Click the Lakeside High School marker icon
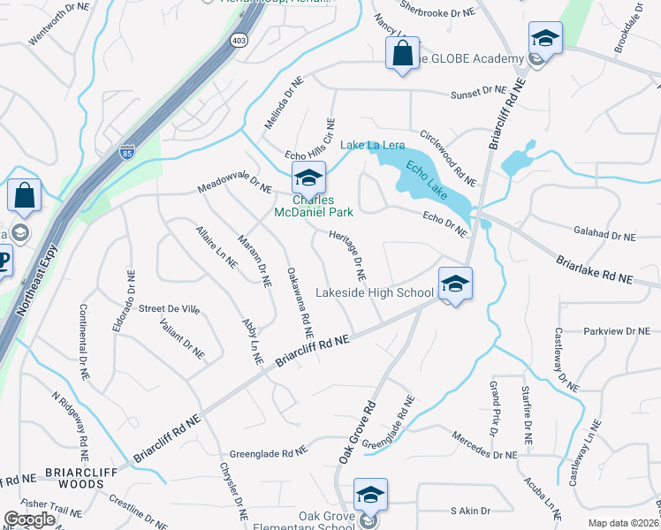pos(454,284)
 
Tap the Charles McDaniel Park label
pos(313,206)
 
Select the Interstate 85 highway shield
pos(128,153)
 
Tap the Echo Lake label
pos(427,179)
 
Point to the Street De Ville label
pos(171,308)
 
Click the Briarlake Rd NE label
pos(595,269)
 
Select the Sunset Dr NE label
pos(478,92)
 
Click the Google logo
pos(30,519)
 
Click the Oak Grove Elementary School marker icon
pos(370,496)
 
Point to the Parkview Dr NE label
pos(616,331)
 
